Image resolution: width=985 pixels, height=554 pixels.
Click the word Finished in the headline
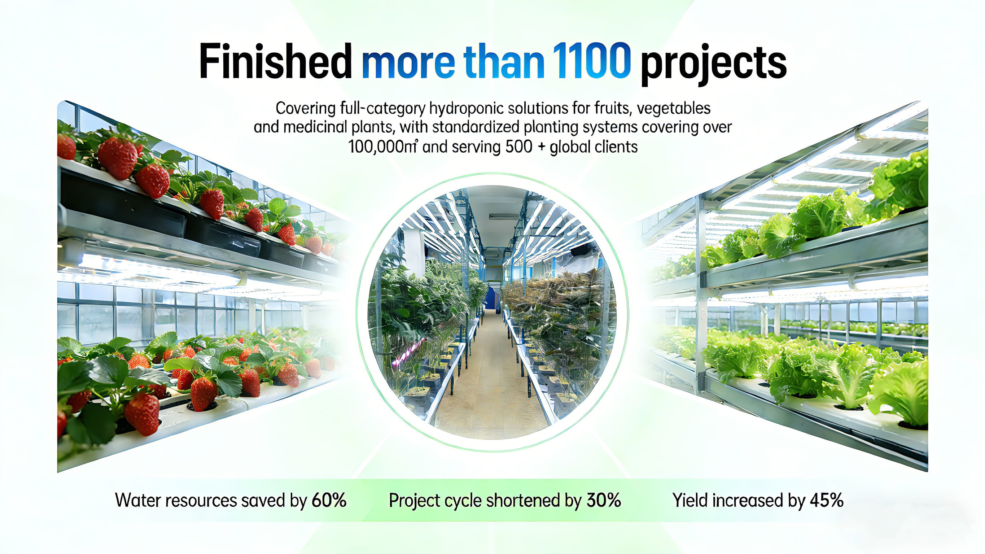pos(275,61)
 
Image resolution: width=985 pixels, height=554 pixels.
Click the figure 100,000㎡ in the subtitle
pos(383,147)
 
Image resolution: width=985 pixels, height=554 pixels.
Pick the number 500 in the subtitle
pos(519,147)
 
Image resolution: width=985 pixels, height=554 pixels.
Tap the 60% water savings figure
pos(329,501)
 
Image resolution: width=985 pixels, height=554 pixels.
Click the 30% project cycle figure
pos(604,501)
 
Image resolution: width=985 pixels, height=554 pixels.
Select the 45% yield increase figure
pos(826,501)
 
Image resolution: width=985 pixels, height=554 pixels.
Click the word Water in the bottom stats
pos(138,501)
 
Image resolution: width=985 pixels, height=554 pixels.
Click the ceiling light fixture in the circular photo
pos(500,217)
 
